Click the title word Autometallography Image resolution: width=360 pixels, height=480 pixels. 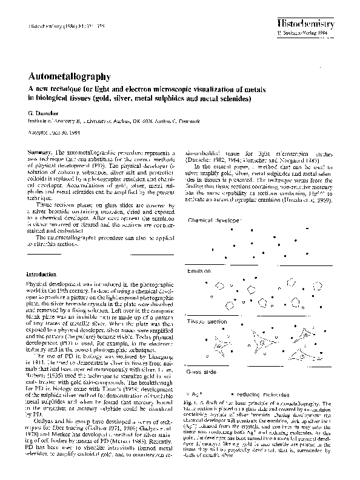click(68, 77)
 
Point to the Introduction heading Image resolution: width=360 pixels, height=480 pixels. click(43, 273)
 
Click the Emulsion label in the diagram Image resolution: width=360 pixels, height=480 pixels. click(199, 270)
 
